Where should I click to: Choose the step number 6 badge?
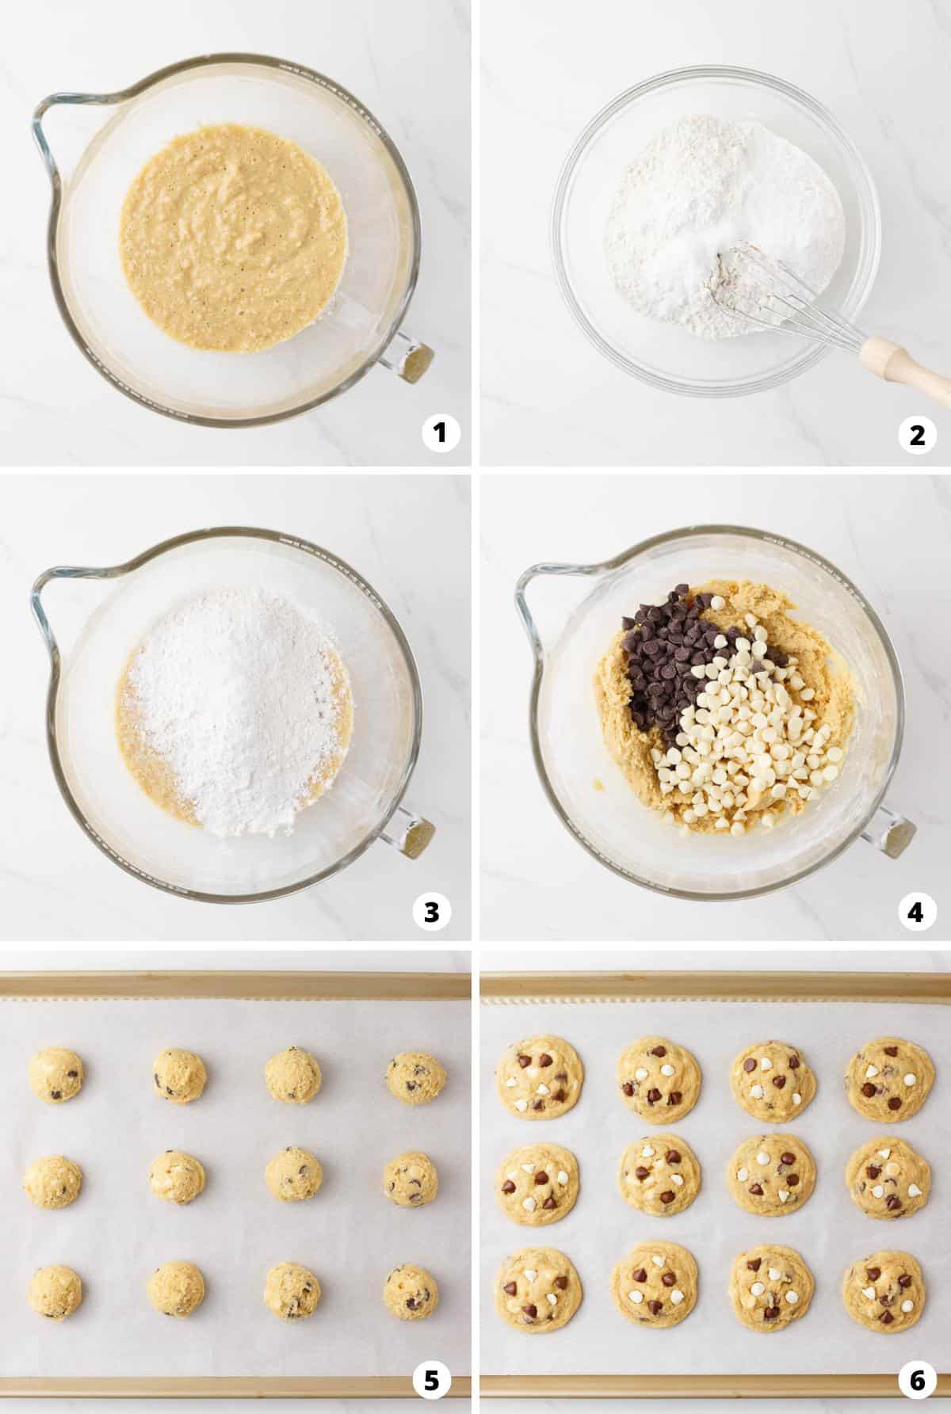[x=917, y=1381]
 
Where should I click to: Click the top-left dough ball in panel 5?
[x=55, y=1075]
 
